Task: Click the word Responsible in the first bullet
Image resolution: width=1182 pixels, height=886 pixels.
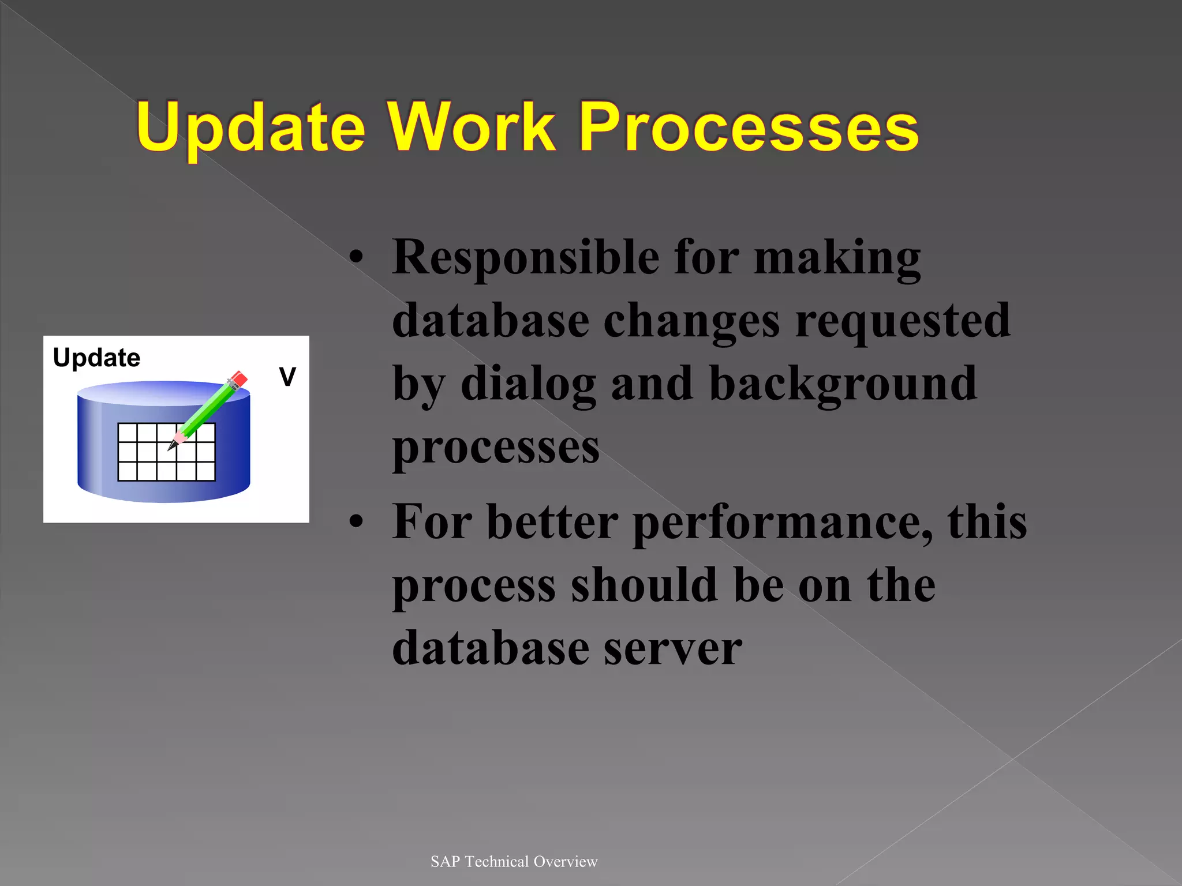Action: [525, 257]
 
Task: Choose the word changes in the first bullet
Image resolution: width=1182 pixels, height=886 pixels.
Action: [691, 321]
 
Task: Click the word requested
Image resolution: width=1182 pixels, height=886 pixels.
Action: [903, 321]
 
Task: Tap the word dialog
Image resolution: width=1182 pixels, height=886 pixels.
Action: [528, 384]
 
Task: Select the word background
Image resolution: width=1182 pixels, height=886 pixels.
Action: [843, 384]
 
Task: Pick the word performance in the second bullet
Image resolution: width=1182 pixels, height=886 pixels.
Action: [782, 523]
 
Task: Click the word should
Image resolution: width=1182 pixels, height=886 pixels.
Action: [645, 585]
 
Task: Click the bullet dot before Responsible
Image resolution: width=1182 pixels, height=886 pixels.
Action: [357, 257]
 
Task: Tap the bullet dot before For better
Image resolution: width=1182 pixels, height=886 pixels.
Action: [357, 522]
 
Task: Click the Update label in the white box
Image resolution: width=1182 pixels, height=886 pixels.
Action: [96, 358]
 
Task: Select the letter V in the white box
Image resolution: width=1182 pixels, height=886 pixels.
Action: [287, 377]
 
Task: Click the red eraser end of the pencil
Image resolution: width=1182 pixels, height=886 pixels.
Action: [239, 379]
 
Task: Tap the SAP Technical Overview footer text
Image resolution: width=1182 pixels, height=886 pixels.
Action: [514, 861]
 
